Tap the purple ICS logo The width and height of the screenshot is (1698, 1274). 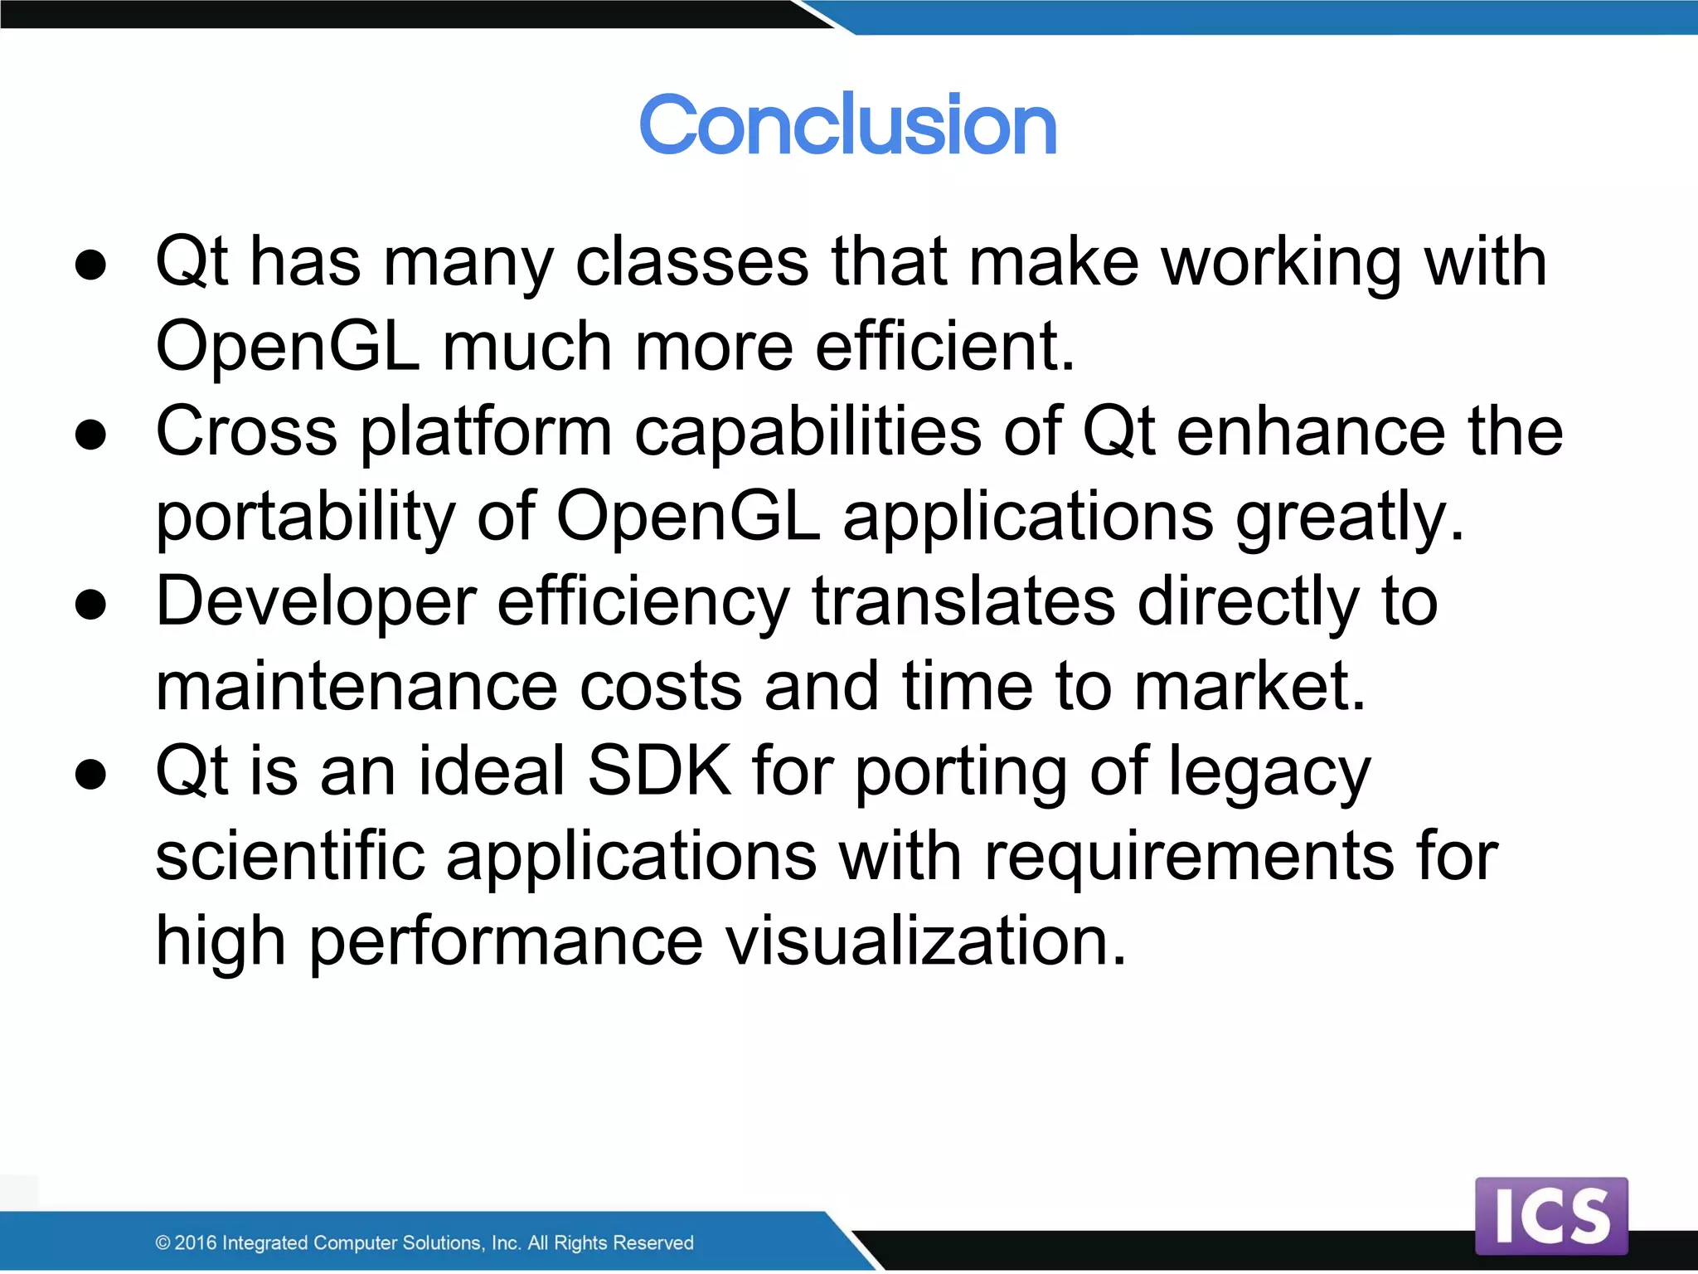[x=1550, y=1215]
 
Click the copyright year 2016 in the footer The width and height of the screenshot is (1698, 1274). [x=196, y=1242]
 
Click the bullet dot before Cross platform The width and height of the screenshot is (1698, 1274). [x=90, y=435]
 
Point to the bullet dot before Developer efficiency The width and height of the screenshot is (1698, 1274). [x=90, y=605]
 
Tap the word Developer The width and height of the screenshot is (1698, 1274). [x=316, y=603]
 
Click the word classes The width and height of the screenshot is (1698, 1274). [x=691, y=261]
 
